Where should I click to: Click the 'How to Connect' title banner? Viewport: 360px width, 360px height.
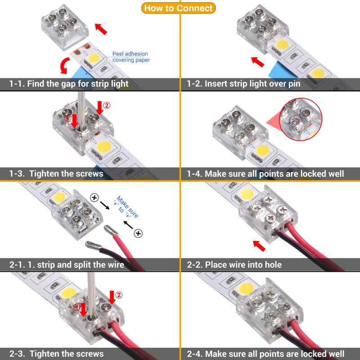point(180,8)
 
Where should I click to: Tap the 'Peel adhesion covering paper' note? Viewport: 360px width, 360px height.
point(131,57)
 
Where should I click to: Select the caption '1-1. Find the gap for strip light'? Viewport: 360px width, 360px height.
point(69,84)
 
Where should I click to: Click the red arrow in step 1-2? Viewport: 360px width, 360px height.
point(258,61)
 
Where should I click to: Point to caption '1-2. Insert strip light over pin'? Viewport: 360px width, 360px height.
point(243,84)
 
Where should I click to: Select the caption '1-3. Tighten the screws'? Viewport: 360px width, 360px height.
point(57,174)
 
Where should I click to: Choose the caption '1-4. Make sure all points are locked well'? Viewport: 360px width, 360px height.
point(265,174)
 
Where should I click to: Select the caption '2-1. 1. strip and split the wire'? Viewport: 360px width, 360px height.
point(67,265)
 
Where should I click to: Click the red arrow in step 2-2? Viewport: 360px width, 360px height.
point(259,246)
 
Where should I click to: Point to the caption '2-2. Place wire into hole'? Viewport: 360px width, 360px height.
point(234,265)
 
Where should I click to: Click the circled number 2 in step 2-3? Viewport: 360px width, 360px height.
point(119,295)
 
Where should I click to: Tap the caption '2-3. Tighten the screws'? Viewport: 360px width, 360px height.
point(57,354)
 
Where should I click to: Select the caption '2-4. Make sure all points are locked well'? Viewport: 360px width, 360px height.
point(265,354)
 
